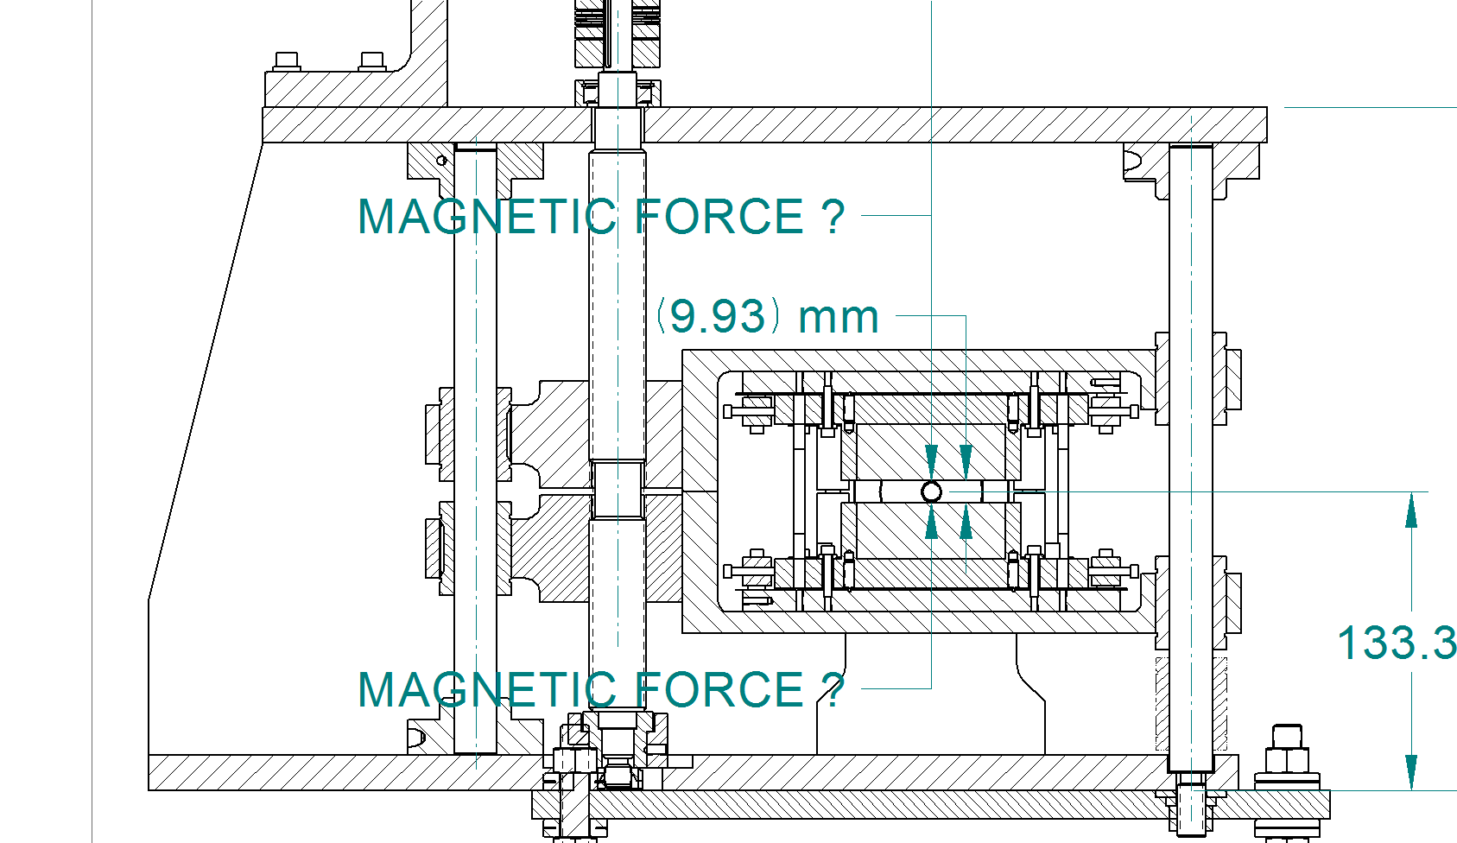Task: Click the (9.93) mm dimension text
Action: tap(768, 316)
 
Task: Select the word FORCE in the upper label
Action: tap(719, 217)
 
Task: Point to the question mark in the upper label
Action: tap(832, 217)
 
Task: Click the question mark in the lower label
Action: tap(832, 689)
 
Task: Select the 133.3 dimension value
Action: tap(1397, 643)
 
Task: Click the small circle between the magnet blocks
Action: tap(931, 491)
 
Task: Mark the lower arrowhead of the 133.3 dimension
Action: tap(1411, 772)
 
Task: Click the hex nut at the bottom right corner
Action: tap(1287, 757)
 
